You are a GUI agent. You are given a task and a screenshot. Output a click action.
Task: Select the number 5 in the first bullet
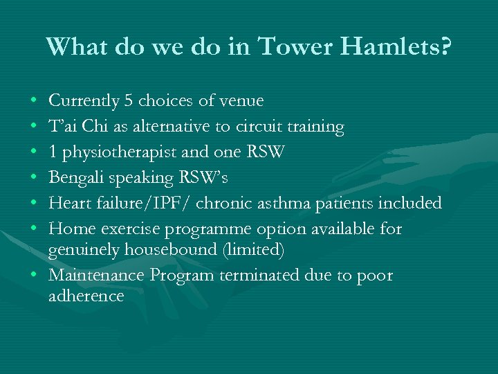click(x=129, y=101)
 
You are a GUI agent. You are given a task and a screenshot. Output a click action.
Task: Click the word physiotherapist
click(x=122, y=152)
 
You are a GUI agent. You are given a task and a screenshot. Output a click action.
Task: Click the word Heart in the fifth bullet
click(x=71, y=204)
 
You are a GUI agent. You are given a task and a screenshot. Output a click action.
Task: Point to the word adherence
click(x=86, y=296)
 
